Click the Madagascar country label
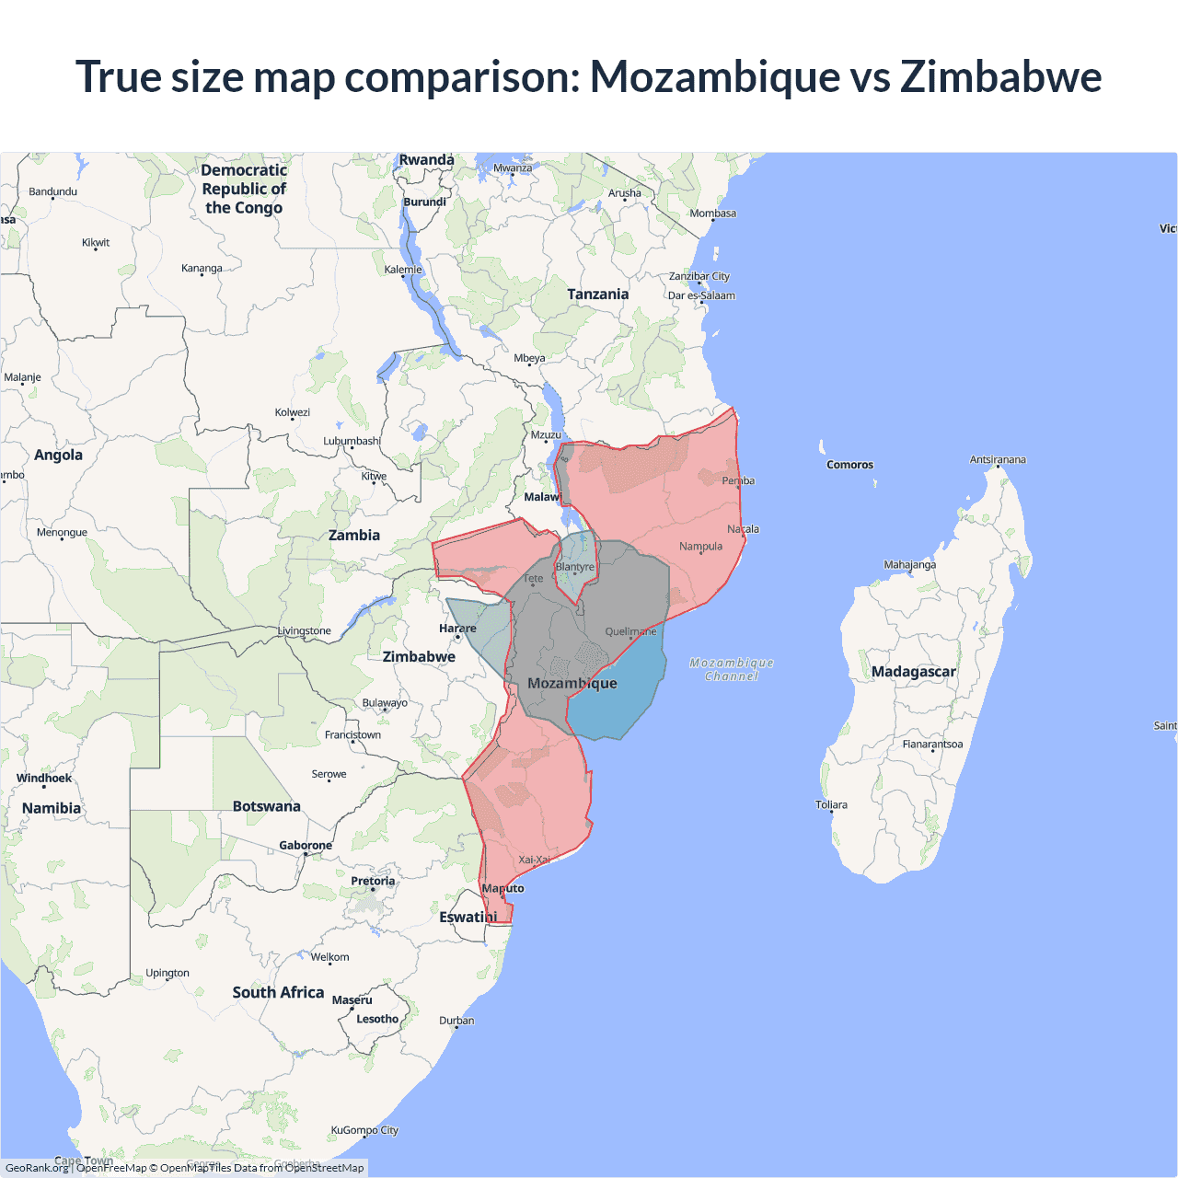click(913, 672)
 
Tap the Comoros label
click(849, 465)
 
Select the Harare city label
click(457, 629)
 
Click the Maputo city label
click(502, 888)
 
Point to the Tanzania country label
click(597, 294)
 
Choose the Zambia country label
click(354, 536)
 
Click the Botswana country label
click(266, 806)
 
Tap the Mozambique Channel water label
click(732, 669)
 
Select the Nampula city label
click(700, 547)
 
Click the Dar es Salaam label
click(701, 295)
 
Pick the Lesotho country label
click(377, 1019)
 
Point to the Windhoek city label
click(43, 779)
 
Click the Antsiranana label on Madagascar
click(998, 459)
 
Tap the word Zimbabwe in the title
click(1000, 76)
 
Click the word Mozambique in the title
click(714, 76)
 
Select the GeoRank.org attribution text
click(37, 1168)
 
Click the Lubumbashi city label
click(352, 441)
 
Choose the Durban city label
click(456, 1021)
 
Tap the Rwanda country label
click(426, 160)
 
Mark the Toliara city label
click(831, 805)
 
